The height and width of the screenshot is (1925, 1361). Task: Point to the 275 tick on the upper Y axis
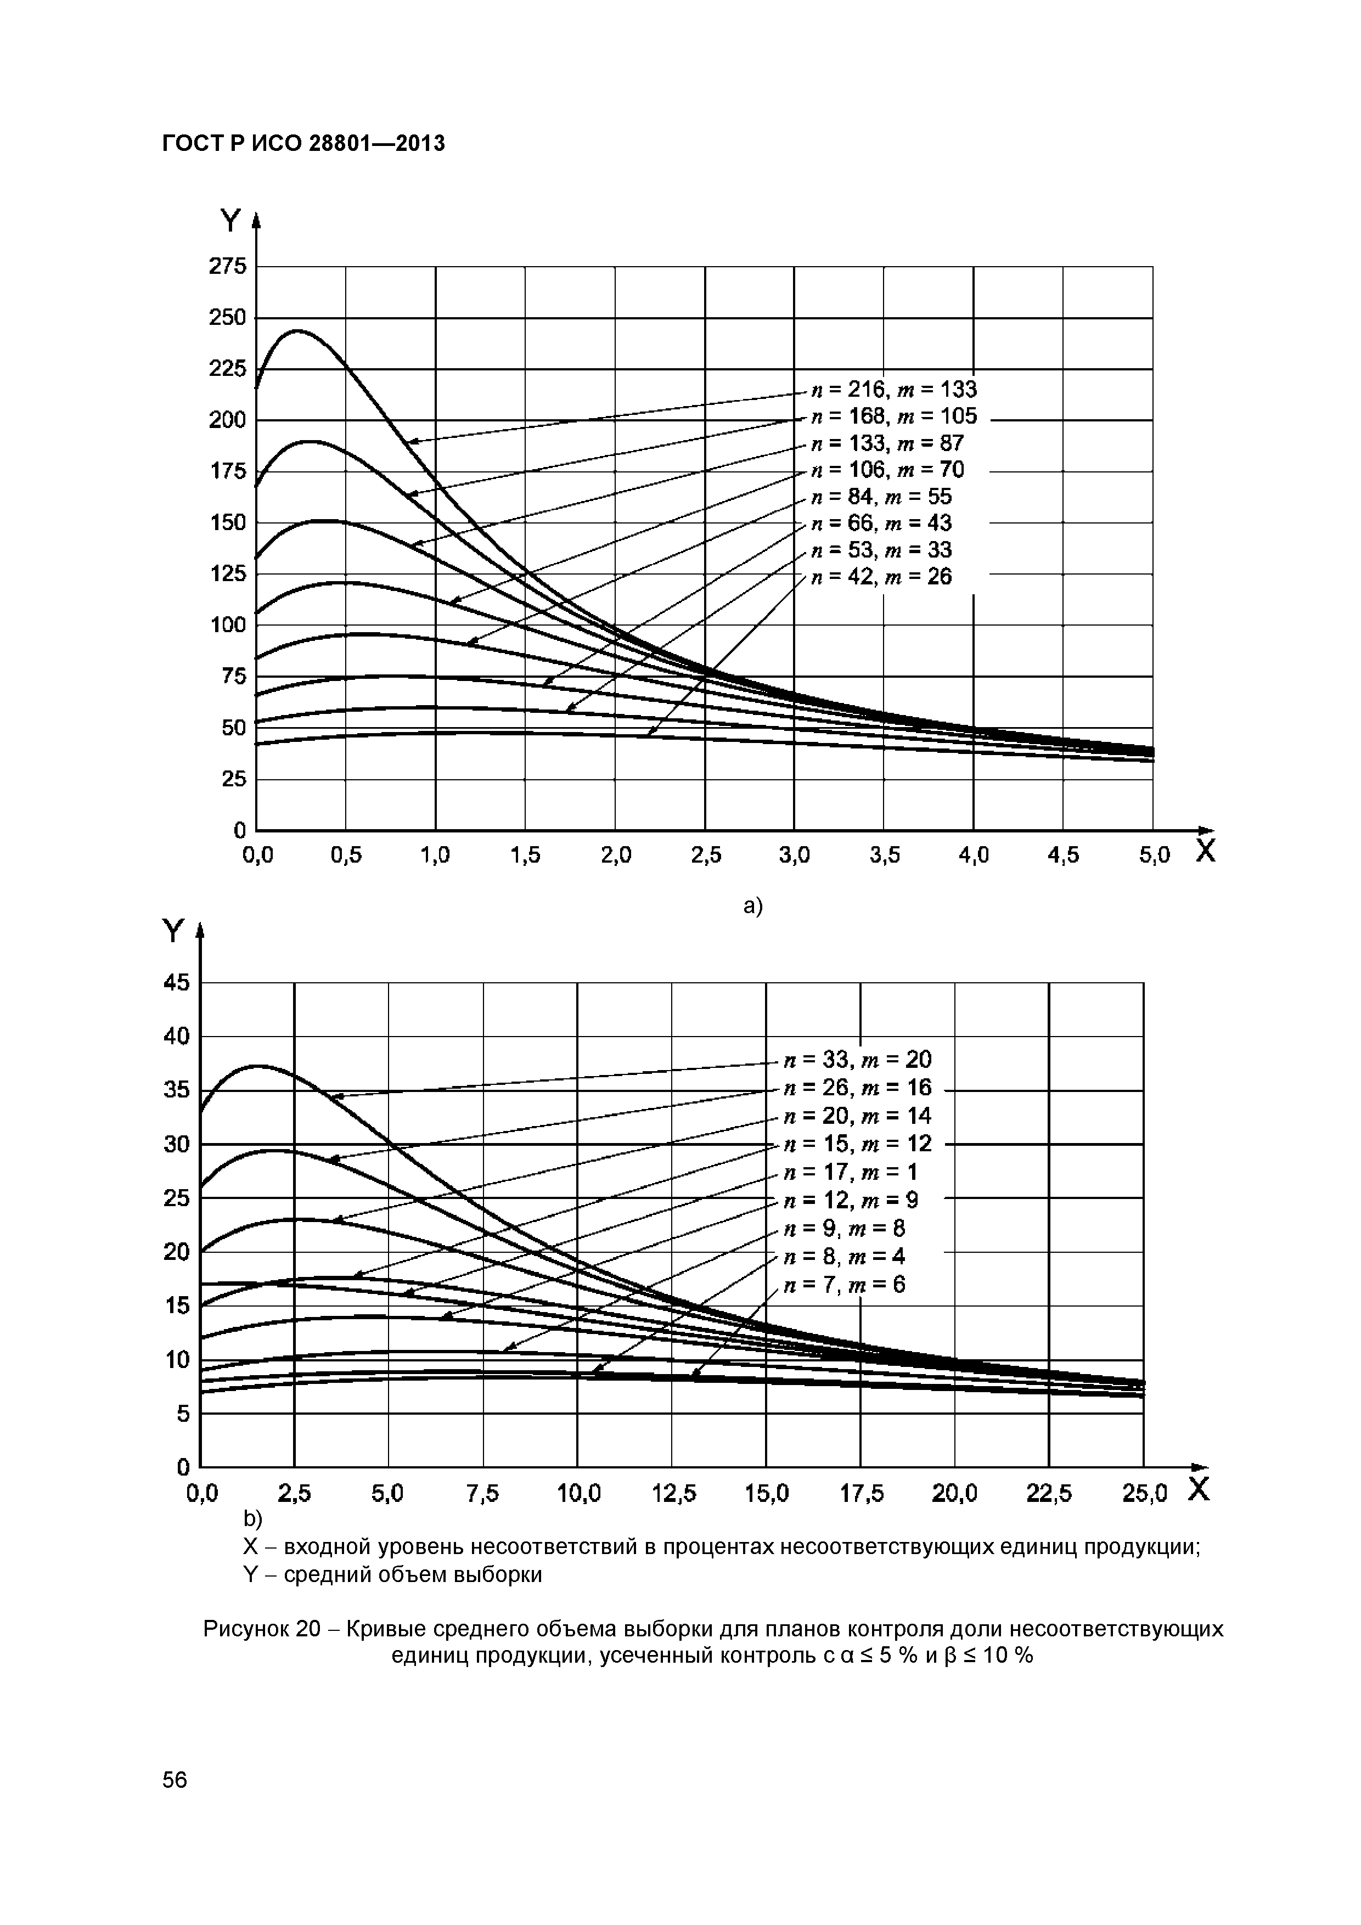(227, 267)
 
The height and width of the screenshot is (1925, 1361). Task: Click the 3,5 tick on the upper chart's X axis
(884, 855)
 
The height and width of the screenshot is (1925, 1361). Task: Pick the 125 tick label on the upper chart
(227, 575)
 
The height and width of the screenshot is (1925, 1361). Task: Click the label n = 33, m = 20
(857, 1060)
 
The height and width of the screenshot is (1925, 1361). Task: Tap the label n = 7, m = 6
(845, 1285)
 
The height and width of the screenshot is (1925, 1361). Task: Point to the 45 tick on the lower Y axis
(177, 983)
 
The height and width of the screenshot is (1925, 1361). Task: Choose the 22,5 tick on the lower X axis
(1049, 1493)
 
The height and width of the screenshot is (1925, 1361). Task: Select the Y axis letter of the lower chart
(172, 931)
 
